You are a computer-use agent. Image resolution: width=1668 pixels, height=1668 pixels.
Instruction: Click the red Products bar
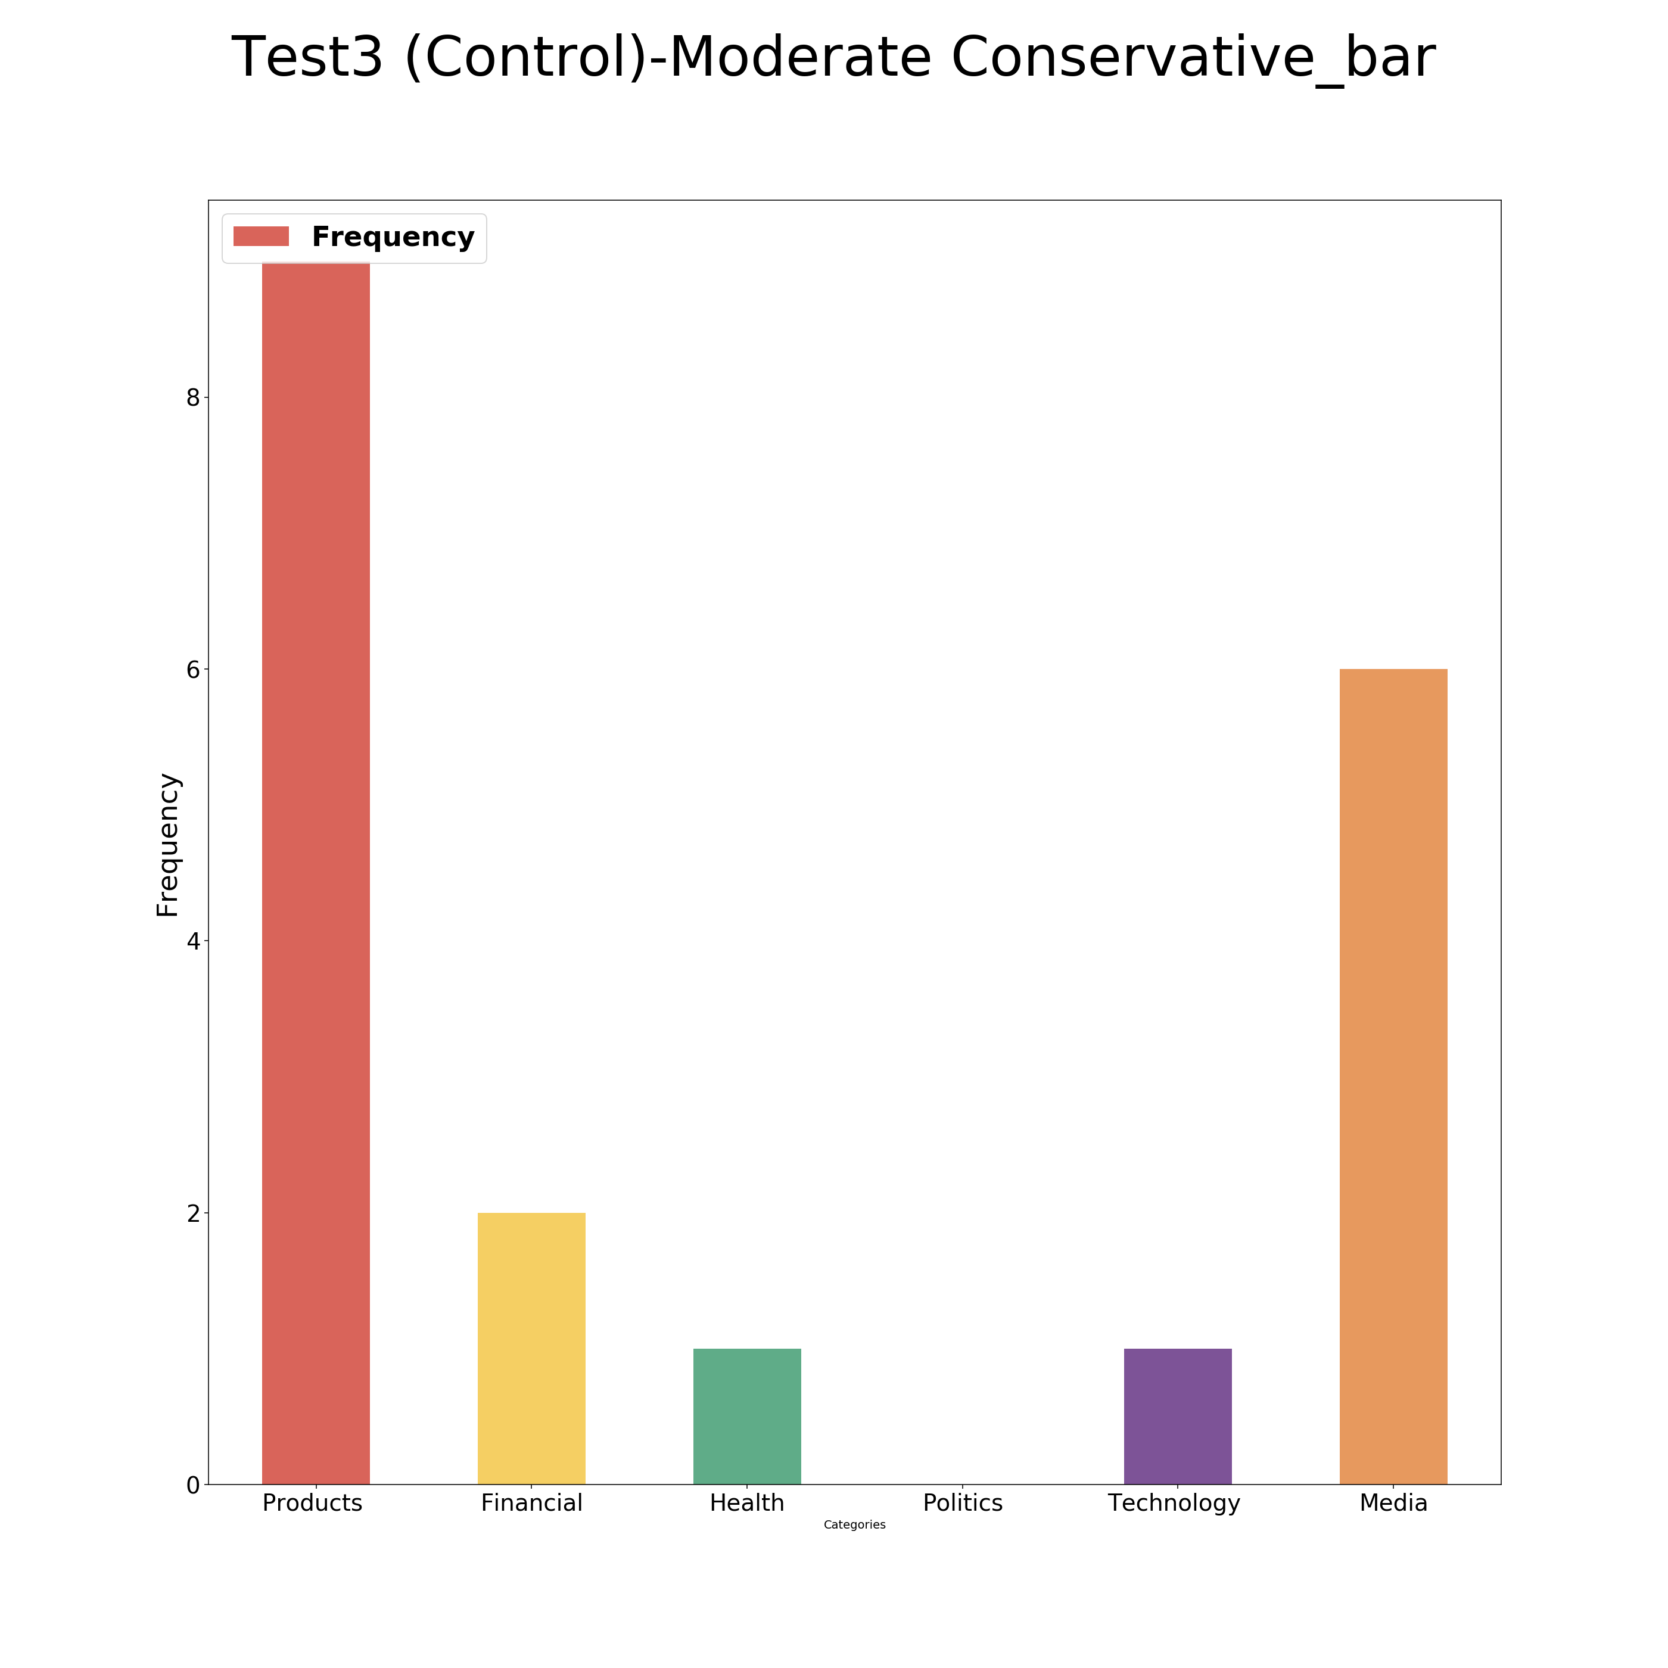316,872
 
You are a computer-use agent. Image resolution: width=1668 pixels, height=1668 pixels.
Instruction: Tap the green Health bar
748,1416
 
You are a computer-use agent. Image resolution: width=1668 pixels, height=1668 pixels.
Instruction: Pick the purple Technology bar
1178,1416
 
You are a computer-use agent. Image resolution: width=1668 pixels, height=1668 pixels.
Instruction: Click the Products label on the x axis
313,1503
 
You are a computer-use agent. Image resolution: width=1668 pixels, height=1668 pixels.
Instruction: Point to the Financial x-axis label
532,1503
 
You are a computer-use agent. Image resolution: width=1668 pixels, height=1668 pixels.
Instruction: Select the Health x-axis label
748,1503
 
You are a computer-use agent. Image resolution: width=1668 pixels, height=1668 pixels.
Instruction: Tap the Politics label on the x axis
963,1503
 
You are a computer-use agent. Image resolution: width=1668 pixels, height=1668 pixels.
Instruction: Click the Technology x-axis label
1174,1503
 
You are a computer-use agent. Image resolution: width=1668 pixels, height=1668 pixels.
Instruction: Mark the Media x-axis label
1393,1503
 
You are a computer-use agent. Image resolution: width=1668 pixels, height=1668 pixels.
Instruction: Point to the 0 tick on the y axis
192,1485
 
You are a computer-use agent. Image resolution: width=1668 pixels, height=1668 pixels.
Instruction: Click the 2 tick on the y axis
192,1213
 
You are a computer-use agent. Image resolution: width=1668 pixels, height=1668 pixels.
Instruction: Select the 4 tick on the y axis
192,941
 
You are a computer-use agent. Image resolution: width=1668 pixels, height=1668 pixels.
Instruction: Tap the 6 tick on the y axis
192,669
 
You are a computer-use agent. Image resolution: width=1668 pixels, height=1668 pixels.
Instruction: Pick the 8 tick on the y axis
192,397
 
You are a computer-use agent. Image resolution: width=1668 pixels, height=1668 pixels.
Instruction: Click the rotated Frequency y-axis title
167,844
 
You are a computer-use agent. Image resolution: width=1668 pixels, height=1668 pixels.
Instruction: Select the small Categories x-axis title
855,1524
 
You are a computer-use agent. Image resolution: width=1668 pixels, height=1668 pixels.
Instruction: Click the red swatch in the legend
261,236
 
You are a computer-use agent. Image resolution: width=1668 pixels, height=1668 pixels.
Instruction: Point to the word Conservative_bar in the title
1193,59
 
